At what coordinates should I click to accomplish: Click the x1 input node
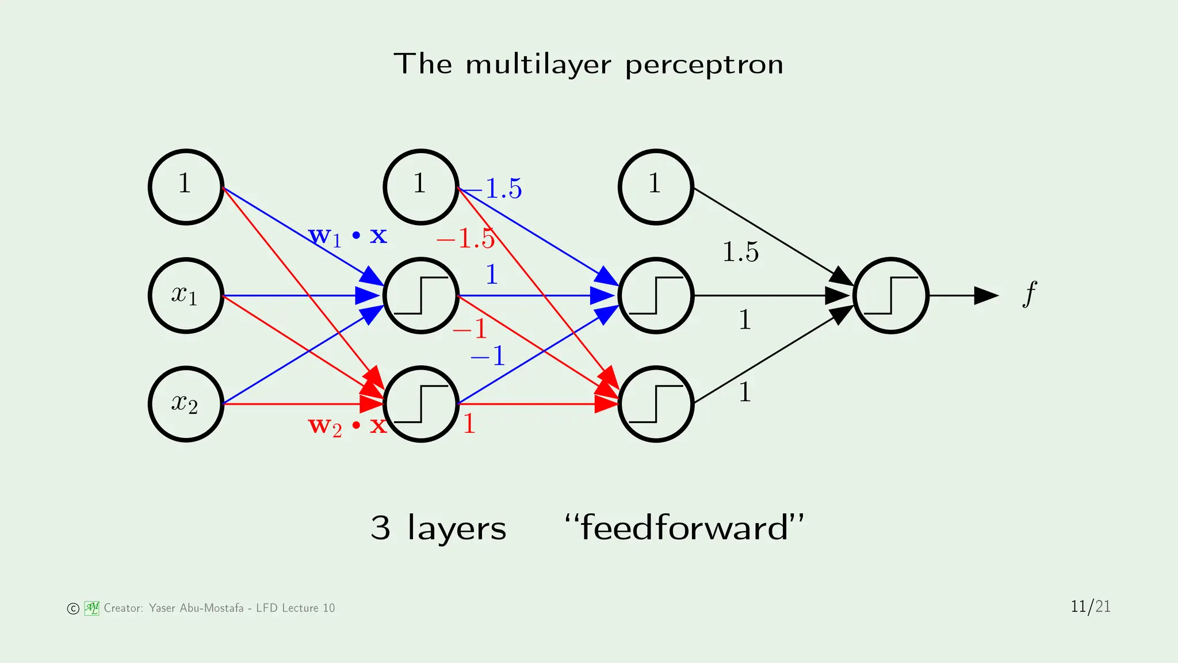point(186,295)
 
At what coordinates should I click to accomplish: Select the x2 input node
point(186,403)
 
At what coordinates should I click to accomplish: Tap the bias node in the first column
point(186,186)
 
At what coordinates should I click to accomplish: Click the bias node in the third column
point(656,186)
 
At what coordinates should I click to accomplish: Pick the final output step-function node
point(890,295)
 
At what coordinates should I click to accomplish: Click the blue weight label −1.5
point(495,189)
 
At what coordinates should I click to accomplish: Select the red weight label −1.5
point(465,238)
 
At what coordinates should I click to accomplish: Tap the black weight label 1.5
point(740,252)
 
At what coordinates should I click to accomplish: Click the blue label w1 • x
point(347,235)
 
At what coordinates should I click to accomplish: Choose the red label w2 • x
point(347,426)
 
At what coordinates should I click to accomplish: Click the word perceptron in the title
point(704,64)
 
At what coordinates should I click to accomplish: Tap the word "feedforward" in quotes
point(684,527)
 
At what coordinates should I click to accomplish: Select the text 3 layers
point(438,528)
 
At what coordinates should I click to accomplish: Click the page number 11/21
point(1090,607)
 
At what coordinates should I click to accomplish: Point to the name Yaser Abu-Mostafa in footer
point(196,608)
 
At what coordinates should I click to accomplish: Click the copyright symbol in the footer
point(73,608)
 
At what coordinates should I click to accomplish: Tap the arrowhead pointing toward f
point(985,295)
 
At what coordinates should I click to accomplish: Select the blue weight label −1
point(488,356)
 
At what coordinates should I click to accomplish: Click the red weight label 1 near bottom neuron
point(469,424)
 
